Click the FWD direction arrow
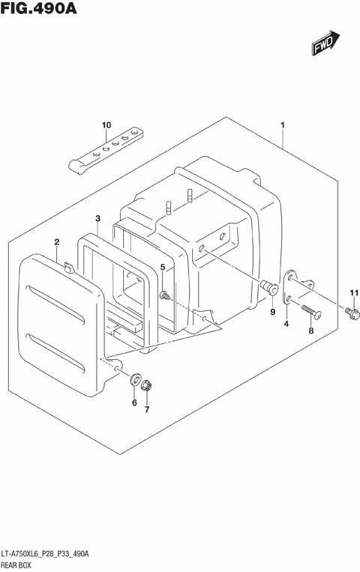pos(324,44)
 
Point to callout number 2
pos(56,241)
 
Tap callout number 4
pos(286,324)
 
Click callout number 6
pos(135,403)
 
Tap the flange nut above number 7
pos(147,387)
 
